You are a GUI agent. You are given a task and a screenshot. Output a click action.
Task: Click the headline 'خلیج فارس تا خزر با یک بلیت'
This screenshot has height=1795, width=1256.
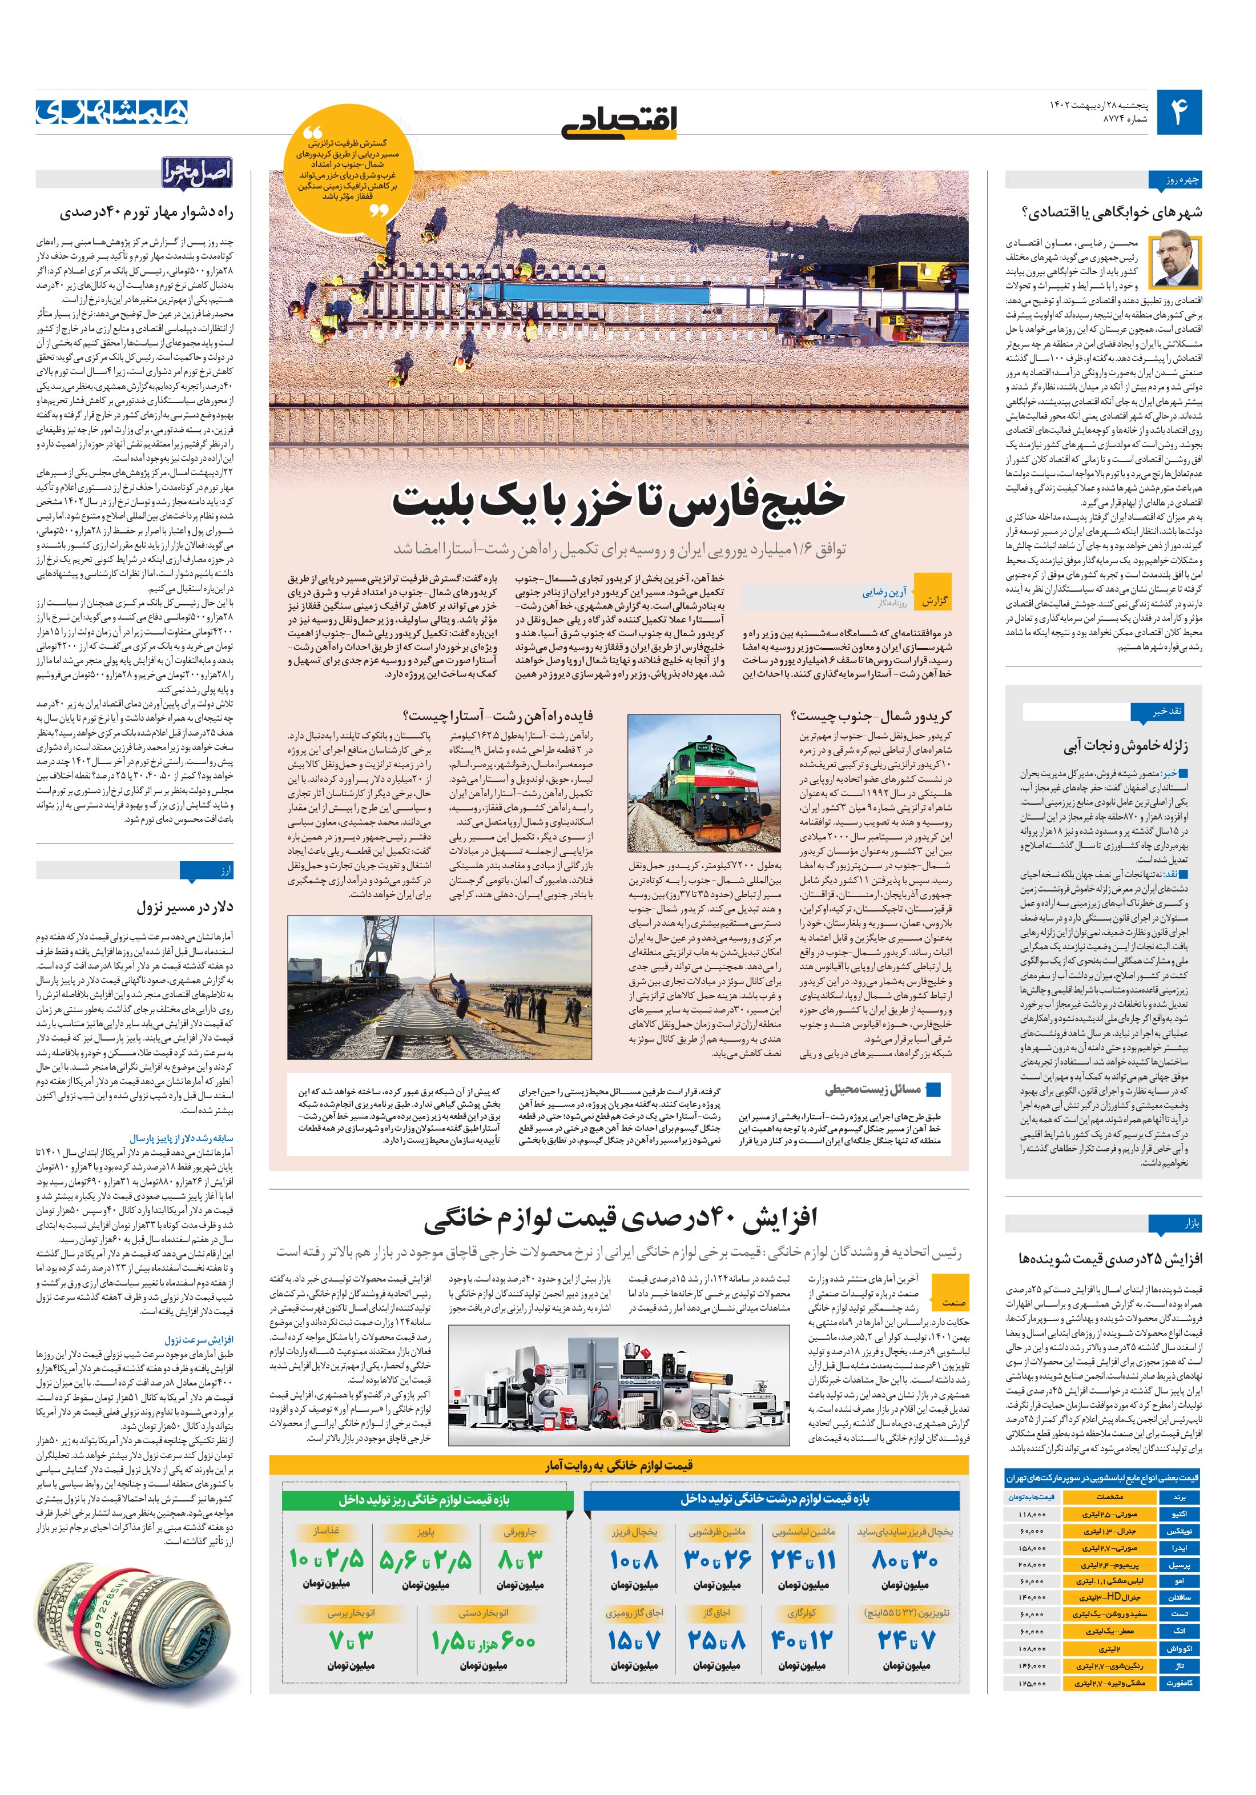618,500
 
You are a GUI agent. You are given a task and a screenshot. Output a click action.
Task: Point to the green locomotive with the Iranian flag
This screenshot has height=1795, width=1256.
703,782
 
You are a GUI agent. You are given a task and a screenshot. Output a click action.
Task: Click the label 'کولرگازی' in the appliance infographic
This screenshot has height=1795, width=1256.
802,1612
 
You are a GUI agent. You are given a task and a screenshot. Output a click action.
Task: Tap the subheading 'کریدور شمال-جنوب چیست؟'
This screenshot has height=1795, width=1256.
871,716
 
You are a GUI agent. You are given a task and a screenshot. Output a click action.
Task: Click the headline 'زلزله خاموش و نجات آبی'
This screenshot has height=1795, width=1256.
1125,746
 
